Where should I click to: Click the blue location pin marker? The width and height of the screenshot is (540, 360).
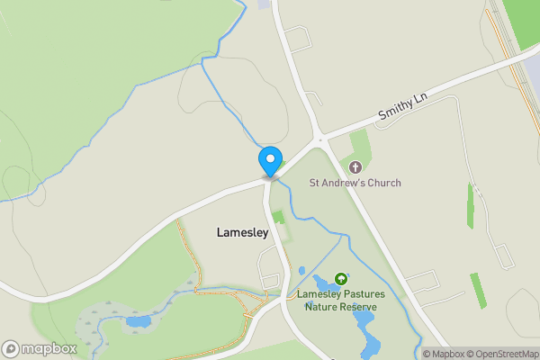(270, 161)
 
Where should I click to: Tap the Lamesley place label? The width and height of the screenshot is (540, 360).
(242, 232)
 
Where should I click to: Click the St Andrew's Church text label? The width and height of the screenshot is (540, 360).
(355, 183)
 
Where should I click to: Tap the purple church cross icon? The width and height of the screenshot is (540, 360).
(355, 166)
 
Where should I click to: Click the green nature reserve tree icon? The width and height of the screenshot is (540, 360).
(341, 279)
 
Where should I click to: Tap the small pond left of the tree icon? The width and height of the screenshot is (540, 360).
(301, 270)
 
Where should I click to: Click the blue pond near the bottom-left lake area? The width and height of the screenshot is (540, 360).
(138, 320)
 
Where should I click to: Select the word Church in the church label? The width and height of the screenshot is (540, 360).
(383, 183)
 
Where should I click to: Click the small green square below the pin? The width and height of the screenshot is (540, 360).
(278, 217)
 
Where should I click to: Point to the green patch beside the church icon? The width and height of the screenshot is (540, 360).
(360, 146)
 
